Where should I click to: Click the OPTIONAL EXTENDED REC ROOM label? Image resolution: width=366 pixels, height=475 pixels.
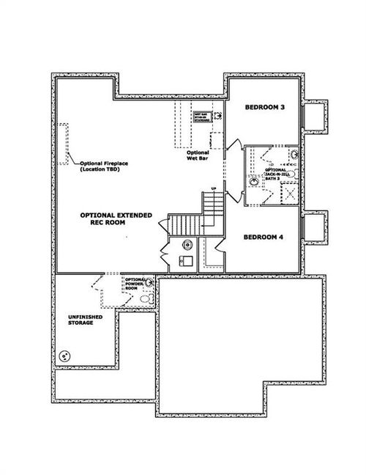click(x=116, y=218)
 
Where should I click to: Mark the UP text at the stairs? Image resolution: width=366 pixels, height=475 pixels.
click(x=213, y=190)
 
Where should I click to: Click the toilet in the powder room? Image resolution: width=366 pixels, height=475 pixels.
click(x=146, y=300)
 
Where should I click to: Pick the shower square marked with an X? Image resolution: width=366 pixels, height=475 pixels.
click(x=288, y=195)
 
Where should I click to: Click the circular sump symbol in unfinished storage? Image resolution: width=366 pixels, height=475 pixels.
click(x=65, y=356)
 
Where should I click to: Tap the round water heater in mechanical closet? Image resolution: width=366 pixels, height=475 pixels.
click(x=186, y=245)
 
